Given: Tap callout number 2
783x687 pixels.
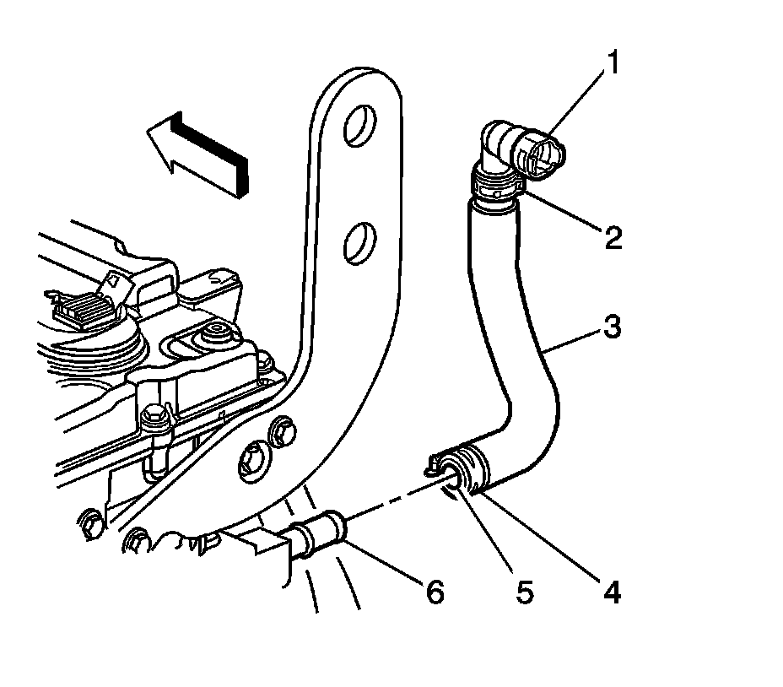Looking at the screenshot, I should [x=613, y=238].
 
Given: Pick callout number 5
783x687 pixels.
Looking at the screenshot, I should [x=525, y=593].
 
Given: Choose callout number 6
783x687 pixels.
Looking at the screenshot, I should [x=434, y=593].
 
